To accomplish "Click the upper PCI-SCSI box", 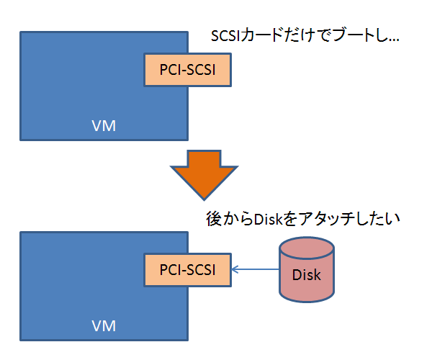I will pos(187,70).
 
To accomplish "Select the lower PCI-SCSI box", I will pos(187,270).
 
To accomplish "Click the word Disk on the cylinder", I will pos(306,275).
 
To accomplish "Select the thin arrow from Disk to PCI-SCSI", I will pos(256,271).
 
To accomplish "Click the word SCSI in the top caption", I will pos(224,36).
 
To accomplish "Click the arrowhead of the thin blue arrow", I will pos(235,271).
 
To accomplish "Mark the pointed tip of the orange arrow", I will pos(204,198).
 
